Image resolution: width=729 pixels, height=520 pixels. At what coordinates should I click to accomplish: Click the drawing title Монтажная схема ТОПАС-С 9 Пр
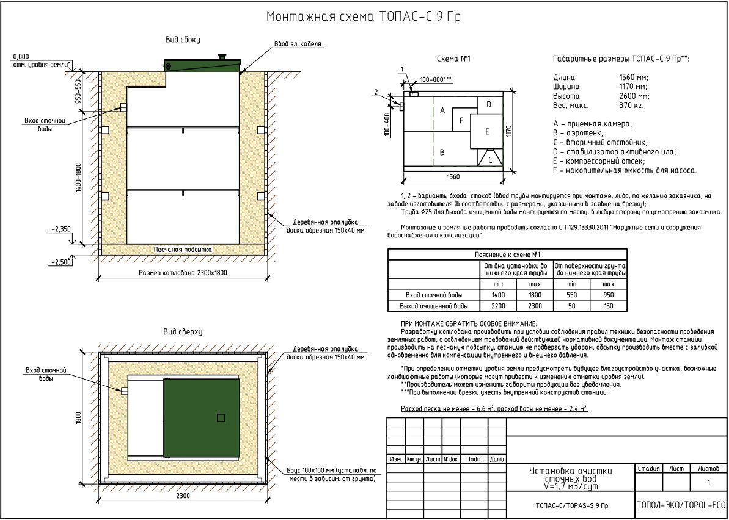tap(364, 16)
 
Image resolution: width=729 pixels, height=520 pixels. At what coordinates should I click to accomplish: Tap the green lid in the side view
tap(202, 65)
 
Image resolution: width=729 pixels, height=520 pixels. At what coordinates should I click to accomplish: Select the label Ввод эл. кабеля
tap(298, 44)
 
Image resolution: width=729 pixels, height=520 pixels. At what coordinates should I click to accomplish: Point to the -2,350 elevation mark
tap(61, 229)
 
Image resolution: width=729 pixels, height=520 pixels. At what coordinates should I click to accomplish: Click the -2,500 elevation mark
tap(61, 262)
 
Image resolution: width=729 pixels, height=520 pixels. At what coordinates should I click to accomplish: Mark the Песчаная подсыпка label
tap(183, 250)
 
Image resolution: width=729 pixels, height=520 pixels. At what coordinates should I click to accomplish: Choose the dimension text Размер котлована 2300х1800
tap(183, 273)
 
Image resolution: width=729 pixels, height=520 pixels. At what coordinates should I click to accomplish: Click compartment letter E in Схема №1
tap(487, 131)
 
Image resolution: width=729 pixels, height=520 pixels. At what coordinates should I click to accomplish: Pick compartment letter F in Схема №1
tap(461, 121)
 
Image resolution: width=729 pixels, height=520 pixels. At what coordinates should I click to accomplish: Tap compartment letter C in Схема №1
tap(490, 160)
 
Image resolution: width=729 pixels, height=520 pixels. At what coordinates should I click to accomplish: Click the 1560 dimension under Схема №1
tap(453, 177)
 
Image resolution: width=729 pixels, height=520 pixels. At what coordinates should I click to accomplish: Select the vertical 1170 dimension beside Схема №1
tap(508, 132)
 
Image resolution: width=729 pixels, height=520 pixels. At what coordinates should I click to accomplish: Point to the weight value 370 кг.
tap(627, 106)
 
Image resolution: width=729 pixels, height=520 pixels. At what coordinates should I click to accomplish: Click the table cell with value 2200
tap(498, 306)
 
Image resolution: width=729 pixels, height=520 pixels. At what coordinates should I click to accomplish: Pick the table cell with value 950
tap(608, 295)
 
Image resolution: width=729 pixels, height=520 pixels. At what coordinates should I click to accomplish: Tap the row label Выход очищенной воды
tap(433, 306)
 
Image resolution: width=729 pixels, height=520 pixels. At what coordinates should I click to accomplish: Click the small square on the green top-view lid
tap(221, 418)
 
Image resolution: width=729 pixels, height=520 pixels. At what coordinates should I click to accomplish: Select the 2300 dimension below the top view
tap(183, 496)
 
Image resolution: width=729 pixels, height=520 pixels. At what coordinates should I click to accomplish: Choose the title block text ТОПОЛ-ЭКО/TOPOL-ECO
tap(681, 505)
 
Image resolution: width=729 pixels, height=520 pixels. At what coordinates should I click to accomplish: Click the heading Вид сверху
tap(183, 331)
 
